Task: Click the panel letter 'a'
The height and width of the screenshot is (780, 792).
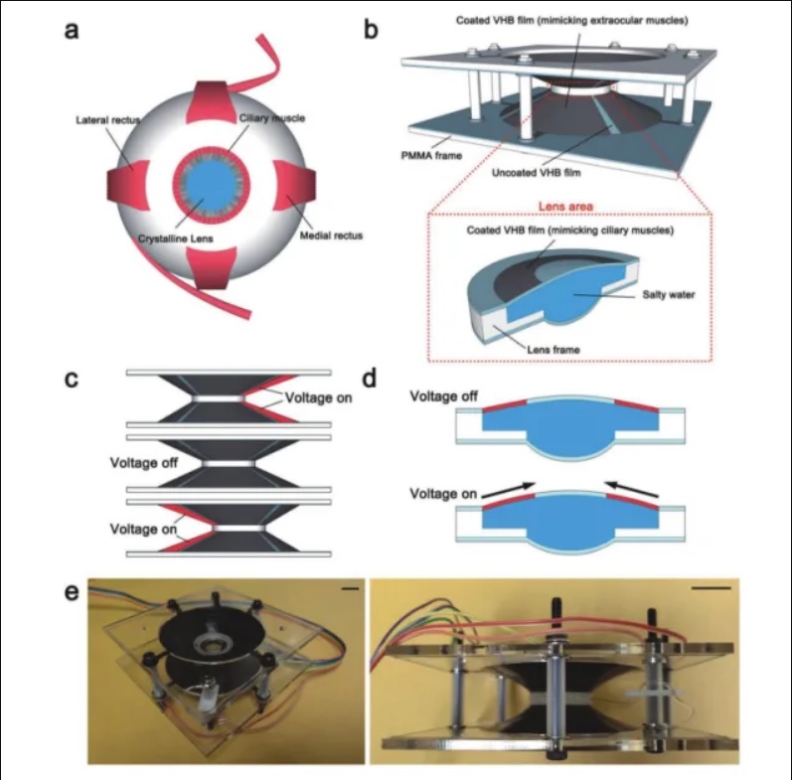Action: pyautogui.click(x=72, y=31)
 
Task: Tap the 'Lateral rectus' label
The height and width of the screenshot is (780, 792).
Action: pyautogui.click(x=108, y=120)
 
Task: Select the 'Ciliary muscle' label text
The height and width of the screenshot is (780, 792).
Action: pyautogui.click(x=272, y=118)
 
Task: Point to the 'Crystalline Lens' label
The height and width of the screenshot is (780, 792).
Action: pyautogui.click(x=176, y=238)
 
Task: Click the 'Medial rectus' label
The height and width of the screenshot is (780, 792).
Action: pyautogui.click(x=331, y=235)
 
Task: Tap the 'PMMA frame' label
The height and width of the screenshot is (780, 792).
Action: pyautogui.click(x=431, y=156)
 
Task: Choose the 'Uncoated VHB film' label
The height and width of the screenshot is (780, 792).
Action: pyautogui.click(x=537, y=173)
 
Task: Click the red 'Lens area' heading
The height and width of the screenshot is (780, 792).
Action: pyautogui.click(x=565, y=206)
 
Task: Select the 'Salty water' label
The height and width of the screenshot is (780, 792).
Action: pyautogui.click(x=668, y=294)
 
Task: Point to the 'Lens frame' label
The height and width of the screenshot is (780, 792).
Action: pyautogui.click(x=554, y=350)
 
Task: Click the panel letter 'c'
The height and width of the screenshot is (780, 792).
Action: pyautogui.click(x=72, y=379)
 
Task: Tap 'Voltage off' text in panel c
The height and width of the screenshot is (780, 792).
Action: pyautogui.click(x=144, y=463)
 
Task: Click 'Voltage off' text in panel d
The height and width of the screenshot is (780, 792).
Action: pyautogui.click(x=443, y=396)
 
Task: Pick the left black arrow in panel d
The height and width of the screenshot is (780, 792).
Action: pyautogui.click(x=508, y=490)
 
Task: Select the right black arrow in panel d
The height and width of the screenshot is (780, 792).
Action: pyautogui.click(x=632, y=489)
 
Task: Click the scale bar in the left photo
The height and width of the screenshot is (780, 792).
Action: pyautogui.click(x=350, y=589)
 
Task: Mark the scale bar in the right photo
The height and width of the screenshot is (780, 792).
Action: pyautogui.click(x=712, y=588)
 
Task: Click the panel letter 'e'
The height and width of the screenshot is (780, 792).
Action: pyautogui.click(x=72, y=592)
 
